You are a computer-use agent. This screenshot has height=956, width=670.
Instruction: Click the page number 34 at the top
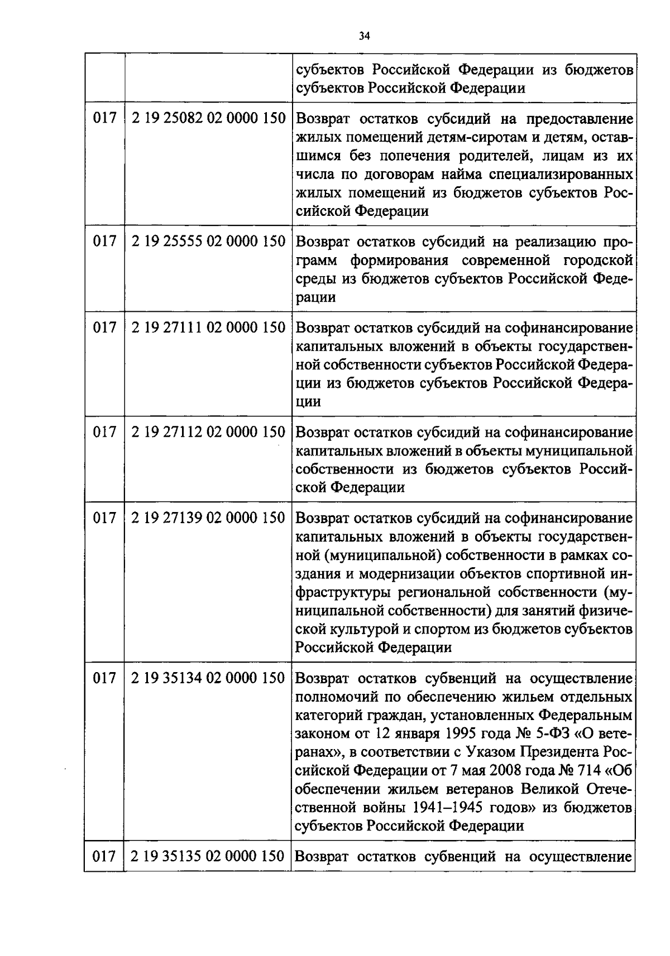(364, 37)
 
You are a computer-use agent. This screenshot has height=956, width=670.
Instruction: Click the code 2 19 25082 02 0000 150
(208, 118)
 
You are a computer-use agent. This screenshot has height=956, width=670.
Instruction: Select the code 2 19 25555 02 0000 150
(208, 242)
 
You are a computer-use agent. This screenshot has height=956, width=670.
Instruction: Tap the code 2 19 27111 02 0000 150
(208, 327)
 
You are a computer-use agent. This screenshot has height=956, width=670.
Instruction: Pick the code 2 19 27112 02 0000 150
(208, 432)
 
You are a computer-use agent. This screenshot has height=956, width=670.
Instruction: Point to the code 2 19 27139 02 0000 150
(208, 518)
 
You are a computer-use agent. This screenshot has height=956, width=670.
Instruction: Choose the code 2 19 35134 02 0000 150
(208, 678)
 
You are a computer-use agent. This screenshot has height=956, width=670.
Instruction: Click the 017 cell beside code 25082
(104, 118)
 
